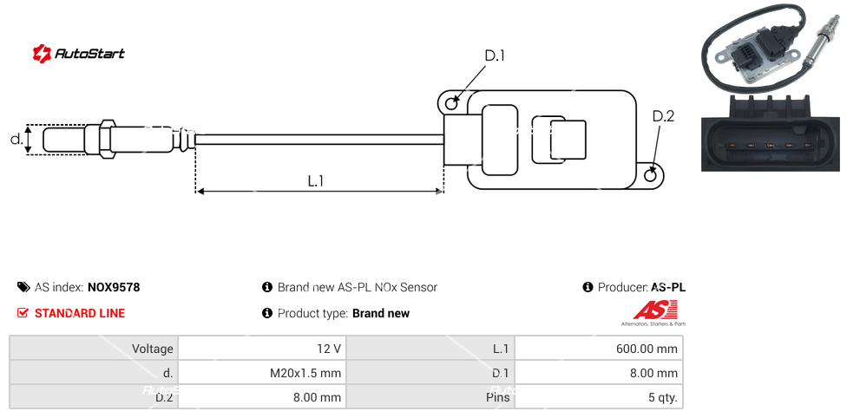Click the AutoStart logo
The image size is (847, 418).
coord(79,53)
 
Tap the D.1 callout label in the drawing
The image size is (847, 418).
coord(494,56)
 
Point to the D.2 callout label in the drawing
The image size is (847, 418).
coord(663,116)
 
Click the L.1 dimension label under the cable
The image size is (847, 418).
coord(316,180)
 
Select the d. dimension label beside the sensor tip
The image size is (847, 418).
coord(16,139)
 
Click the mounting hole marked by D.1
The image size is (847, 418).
coord(451,104)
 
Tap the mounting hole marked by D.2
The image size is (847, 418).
coord(652,175)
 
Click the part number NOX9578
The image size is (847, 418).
coord(114,287)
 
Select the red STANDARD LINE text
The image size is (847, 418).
coord(80,313)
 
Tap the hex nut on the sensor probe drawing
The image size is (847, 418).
coord(107,139)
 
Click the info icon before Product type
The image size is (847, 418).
coord(267,313)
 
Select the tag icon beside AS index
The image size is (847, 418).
coord(23,287)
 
